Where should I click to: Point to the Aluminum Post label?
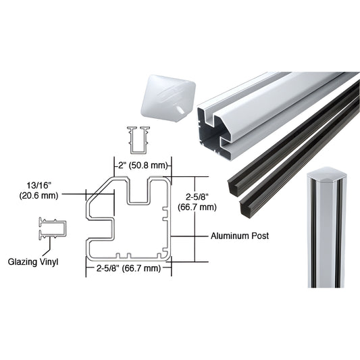(239, 236)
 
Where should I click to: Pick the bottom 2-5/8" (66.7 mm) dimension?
(128, 268)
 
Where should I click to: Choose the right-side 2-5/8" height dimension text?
(198, 197)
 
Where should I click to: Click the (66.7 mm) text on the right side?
(198, 207)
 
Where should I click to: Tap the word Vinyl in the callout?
(49, 261)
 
